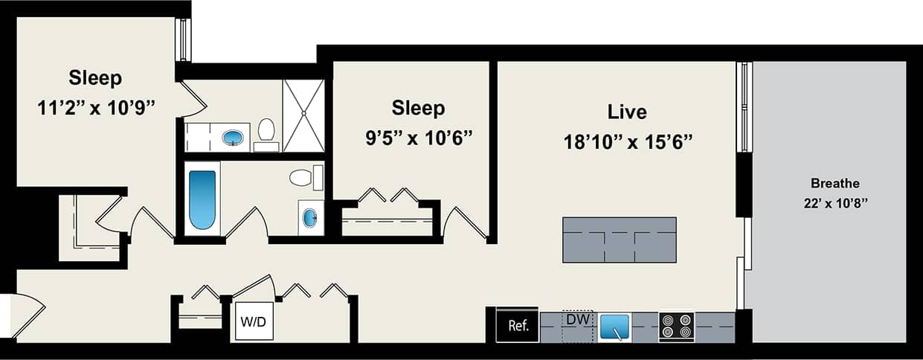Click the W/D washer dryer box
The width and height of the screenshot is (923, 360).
(x=254, y=322)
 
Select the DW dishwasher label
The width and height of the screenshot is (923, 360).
(x=577, y=319)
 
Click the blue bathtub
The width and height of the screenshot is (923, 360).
(x=202, y=199)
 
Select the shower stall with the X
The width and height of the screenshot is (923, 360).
(x=303, y=115)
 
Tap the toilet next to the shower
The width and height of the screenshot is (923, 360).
(x=266, y=132)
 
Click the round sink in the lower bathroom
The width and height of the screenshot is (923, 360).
(x=309, y=218)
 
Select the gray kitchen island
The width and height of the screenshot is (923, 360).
(x=619, y=240)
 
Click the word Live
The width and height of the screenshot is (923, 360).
(x=626, y=112)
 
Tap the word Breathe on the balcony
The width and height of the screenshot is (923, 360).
(x=834, y=183)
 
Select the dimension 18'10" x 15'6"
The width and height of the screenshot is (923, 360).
(x=628, y=143)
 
